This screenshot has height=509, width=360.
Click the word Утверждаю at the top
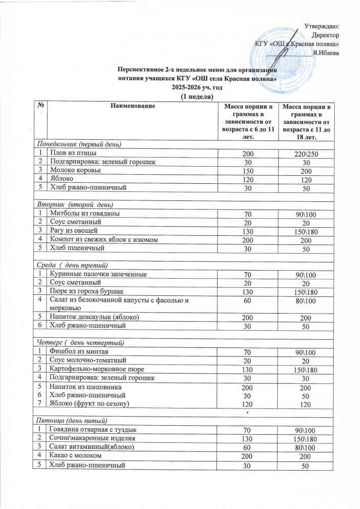click(323, 26)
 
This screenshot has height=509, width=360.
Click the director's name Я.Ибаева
click(326, 52)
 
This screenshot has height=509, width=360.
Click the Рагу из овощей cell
click(72, 231)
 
